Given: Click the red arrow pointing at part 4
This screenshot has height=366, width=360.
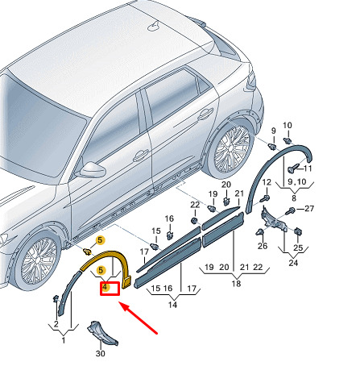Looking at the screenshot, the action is tap(139, 318).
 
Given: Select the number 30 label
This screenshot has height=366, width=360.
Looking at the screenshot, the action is tap(100, 353).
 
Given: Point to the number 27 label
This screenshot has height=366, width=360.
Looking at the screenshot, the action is tap(309, 209).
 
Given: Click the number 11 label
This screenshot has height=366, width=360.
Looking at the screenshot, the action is tap(308, 168).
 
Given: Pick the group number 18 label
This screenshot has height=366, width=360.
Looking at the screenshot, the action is tap(236, 284).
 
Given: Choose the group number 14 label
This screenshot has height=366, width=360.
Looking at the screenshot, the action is tap(172, 305).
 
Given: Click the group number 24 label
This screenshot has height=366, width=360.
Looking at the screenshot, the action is tap(293, 263).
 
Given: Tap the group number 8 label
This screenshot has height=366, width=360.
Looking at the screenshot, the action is tap(294, 198).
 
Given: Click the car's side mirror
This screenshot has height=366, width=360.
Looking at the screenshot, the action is tap(91, 170).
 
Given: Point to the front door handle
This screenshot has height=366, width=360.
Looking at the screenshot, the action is tap(141, 155).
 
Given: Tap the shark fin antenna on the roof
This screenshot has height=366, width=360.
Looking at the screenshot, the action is tap(154, 25).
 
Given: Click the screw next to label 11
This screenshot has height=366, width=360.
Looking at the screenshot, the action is tap(294, 168).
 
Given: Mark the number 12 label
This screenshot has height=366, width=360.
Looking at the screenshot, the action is tap(267, 182).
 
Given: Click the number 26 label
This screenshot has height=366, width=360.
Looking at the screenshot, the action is tap(263, 246).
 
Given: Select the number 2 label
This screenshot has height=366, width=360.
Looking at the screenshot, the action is tap(56, 324).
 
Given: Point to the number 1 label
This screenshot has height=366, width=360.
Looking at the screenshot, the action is tap(64, 340).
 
